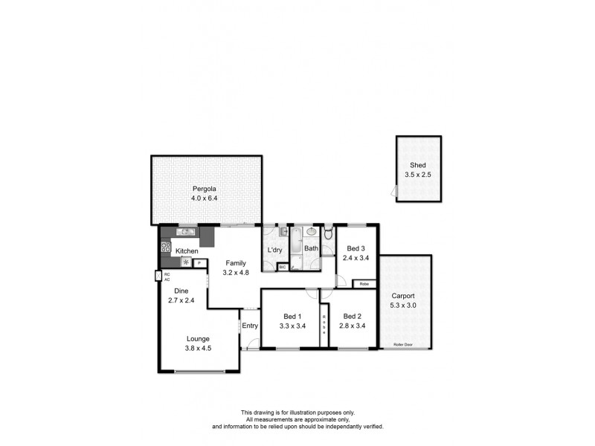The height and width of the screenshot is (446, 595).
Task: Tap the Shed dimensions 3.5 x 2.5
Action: pyautogui.click(x=418, y=175)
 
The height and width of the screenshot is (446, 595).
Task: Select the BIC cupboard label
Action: pyautogui.click(x=283, y=266)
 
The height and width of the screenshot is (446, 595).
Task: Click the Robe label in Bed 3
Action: pyautogui.click(x=364, y=283)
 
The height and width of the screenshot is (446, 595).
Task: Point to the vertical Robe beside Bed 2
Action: pyautogui.click(x=324, y=324)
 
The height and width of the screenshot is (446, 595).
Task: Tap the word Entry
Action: pyautogui.click(x=250, y=325)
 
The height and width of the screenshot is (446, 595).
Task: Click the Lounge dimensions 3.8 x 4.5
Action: pyautogui.click(x=198, y=347)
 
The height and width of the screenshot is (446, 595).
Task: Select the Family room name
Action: pyautogui.click(x=237, y=263)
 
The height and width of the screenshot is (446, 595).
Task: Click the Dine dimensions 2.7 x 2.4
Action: pyautogui.click(x=181, y=301)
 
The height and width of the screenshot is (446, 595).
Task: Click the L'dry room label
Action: pyautogui.click(x=274, y=249)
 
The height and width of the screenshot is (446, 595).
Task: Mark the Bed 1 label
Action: pyautogui.click(x=292, y=315)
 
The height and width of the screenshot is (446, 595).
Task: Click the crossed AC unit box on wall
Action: pyautogui.click(x=159, y=277)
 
